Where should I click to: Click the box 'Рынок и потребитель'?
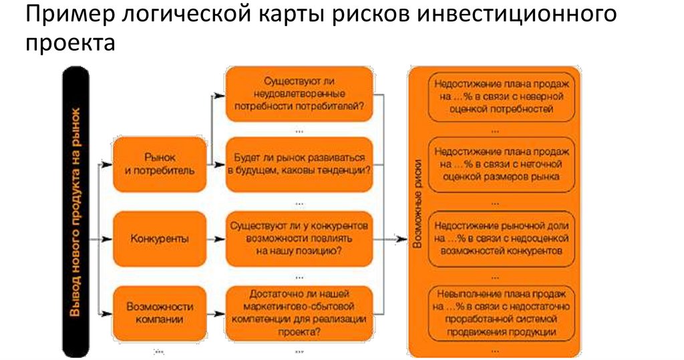160,164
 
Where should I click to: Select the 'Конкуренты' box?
160,238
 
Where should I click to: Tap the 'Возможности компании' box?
160,313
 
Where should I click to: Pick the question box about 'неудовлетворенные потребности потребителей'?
299,94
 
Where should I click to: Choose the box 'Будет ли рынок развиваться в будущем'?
299,164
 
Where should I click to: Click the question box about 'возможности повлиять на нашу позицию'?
299,238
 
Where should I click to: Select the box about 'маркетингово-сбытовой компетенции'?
299,313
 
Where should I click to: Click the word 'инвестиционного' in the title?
518,15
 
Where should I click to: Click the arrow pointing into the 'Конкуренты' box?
106,238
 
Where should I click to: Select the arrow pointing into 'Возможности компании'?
106,313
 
